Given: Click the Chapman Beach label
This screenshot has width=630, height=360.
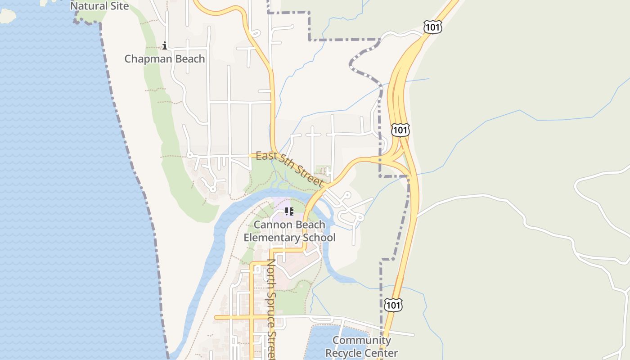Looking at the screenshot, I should point(164,59).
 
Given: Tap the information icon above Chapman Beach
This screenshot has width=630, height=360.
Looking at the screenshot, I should point(165,45).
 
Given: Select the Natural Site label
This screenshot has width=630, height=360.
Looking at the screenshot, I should point(99,6).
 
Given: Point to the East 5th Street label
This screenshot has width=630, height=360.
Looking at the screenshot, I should point(290,169).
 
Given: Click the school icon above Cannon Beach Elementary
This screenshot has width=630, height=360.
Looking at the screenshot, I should point(289,211).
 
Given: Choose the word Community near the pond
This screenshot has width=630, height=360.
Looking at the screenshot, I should point(361,340).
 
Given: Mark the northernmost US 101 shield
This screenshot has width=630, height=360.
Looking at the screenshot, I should point(432,27).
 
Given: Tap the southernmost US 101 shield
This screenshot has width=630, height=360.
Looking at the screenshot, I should point(393,305).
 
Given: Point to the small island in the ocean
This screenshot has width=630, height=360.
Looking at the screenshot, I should point(7,15).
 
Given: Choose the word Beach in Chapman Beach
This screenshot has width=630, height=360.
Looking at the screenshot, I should point(189,59).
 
